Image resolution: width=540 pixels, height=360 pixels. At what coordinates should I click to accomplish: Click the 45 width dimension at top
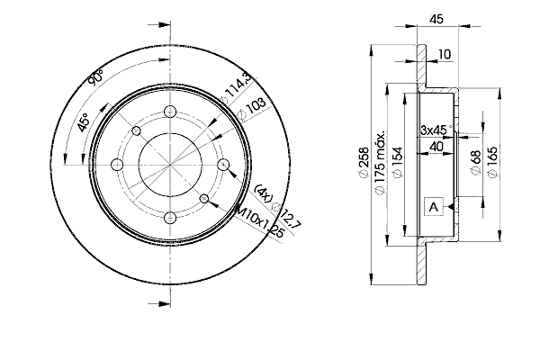(x=436, y=19)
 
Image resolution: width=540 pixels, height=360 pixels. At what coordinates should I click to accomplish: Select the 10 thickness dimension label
(x=445, y=54)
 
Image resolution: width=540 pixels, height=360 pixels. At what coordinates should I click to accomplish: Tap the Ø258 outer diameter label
(x=364, y=163)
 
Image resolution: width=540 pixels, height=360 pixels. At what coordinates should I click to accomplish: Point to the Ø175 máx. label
(x=379, y=163)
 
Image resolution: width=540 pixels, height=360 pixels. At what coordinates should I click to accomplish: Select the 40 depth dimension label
(x=436, y=147)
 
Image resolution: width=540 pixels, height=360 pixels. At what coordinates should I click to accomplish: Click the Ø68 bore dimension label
(x=475, y=162)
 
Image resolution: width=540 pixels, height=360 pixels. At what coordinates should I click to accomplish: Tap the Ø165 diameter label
(x=492, y=162)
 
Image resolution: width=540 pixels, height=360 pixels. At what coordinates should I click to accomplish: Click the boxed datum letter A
(x=434, y=207)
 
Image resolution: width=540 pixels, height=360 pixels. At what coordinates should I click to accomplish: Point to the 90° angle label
(x=95, y=77)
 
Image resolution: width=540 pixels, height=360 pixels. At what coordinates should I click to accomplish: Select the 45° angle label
(x=83, y=122)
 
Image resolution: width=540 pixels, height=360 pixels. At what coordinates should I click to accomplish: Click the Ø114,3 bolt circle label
(x=238, y=89)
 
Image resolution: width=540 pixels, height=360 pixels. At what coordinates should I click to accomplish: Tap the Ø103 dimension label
(x=252, y=109)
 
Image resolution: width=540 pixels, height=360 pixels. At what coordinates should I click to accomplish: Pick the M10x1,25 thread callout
(x=258, y=222)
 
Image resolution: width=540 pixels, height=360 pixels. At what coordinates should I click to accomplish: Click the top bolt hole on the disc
(x=170, y=112)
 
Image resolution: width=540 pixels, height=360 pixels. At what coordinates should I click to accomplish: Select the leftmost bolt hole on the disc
(x=117, y=165)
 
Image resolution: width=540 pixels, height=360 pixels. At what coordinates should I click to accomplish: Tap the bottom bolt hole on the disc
(x=170, y=218)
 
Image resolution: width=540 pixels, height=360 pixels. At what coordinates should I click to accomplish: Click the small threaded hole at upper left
(x=137, y=130)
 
